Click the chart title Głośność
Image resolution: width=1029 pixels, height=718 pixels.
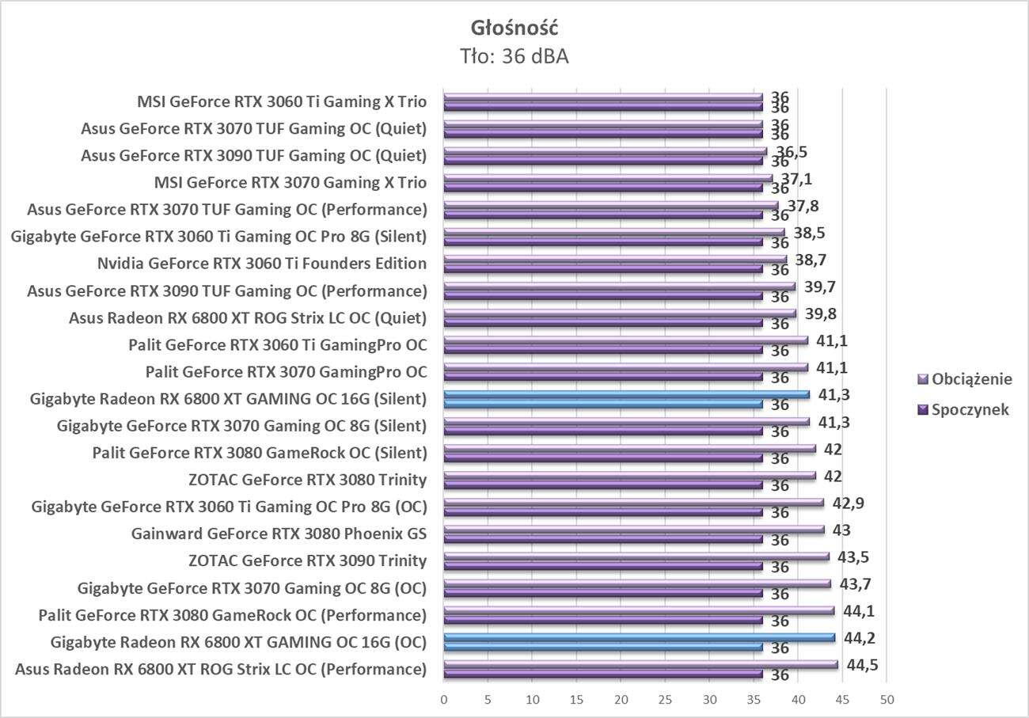(514, 28)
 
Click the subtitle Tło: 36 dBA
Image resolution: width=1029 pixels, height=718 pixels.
(514, 56)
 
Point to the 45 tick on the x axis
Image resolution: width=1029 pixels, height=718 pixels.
(843, 700)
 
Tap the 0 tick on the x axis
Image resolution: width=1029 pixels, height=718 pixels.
(444, 700)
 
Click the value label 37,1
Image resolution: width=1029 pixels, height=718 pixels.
(795, 179)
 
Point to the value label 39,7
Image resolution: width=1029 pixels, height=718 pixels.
(818, 287)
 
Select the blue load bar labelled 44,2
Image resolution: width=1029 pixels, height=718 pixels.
(640, 636)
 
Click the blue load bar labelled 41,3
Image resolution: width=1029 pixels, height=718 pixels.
(626, 394)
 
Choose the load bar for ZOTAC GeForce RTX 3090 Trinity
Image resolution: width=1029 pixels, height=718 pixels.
(636, 556)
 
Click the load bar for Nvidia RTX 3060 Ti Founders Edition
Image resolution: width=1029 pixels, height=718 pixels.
(615, 259)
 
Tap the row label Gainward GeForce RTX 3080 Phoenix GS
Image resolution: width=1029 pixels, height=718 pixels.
(279, 534)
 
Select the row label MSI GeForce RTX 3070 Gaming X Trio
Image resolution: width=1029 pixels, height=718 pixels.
(290, 183)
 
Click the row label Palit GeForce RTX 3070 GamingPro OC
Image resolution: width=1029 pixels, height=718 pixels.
(286, 371)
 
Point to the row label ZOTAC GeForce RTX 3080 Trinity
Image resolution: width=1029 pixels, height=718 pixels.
(308, 480)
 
